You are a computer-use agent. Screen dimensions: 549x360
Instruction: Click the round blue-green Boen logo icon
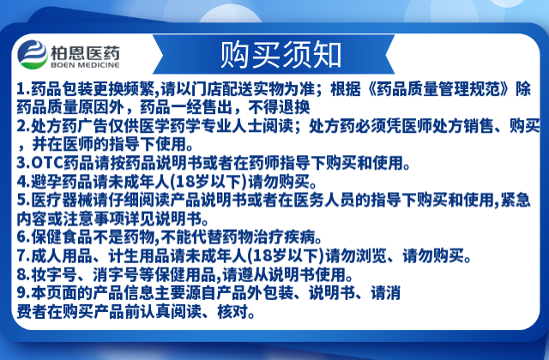click(33, 54)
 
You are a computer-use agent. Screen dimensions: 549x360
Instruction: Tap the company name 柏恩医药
click(85, 53)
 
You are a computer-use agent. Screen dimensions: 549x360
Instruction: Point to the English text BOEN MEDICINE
click(85, 65)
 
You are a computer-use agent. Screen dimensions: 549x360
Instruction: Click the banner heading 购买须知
click(281, 55)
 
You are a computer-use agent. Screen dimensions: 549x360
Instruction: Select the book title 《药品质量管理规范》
click(437, 89)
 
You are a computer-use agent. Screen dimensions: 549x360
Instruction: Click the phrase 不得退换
click(279, 107)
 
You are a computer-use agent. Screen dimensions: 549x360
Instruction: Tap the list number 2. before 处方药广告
click(23, 126)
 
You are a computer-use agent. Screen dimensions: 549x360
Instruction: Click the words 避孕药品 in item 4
click(62, 181)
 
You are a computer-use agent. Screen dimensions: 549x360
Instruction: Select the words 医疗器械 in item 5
click(62, 200)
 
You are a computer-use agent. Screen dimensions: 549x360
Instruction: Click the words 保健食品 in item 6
click(62, 237)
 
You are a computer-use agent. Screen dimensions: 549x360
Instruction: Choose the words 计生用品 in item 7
click(139, 255)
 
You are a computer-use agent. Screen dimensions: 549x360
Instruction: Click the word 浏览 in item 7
click(371, 255)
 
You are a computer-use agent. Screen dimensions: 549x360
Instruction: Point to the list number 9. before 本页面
click(23, 293)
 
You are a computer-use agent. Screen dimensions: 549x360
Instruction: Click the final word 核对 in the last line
click(232, 311)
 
